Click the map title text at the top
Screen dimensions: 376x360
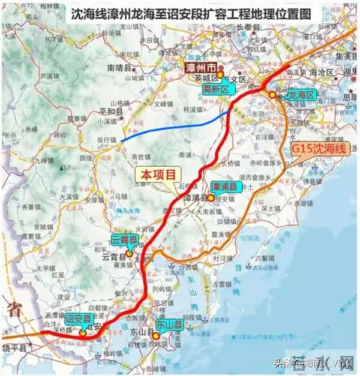tap(180, 14)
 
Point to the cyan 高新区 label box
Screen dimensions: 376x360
tap(215, 89)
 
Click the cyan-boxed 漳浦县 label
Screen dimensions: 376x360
tap(226, 187)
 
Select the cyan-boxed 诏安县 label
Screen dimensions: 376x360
tap(77, 318)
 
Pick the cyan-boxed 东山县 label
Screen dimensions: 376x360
tap(170, 324)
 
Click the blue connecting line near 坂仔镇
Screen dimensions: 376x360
tap(174, 125)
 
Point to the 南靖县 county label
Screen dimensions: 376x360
tap(118, 68)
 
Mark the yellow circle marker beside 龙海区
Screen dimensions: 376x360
tap(272, 95)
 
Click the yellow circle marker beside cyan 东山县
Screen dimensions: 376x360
tap(156, 336)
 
